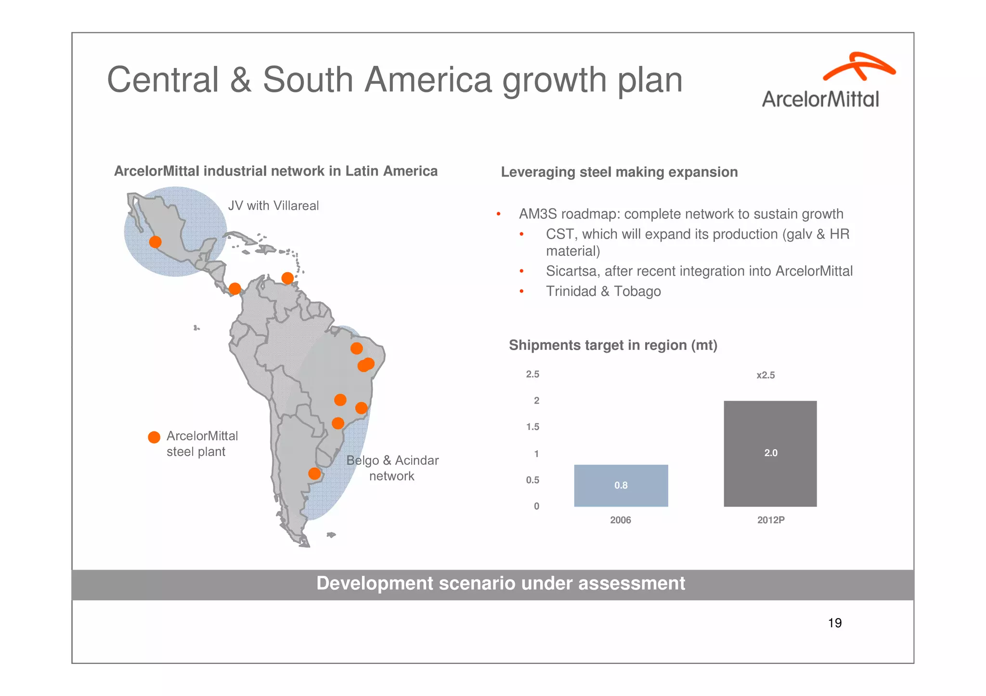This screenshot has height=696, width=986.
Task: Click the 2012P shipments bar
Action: point(770,453)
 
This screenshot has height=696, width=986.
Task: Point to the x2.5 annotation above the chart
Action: point(765,375)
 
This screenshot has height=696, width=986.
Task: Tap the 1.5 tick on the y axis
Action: point(532,427)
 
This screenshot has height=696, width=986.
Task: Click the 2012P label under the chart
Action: point(770,520)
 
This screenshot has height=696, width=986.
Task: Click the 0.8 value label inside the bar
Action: point(621,485)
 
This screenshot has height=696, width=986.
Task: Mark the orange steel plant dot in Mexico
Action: point(155,242)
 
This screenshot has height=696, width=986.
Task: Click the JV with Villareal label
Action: point(273,206)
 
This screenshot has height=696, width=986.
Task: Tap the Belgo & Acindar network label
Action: point(392,468)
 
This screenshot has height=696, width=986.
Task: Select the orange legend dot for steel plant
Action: point(154,437)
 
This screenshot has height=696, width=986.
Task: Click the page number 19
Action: point(834,623)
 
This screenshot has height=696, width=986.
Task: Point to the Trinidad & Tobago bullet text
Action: point(603,291)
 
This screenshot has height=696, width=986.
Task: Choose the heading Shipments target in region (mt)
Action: point(613,345)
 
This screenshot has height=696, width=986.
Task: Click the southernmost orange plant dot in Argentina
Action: point(314,474)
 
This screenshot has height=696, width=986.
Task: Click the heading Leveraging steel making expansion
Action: point(619,172)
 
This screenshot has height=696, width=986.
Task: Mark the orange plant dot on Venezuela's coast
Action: point(287,278)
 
